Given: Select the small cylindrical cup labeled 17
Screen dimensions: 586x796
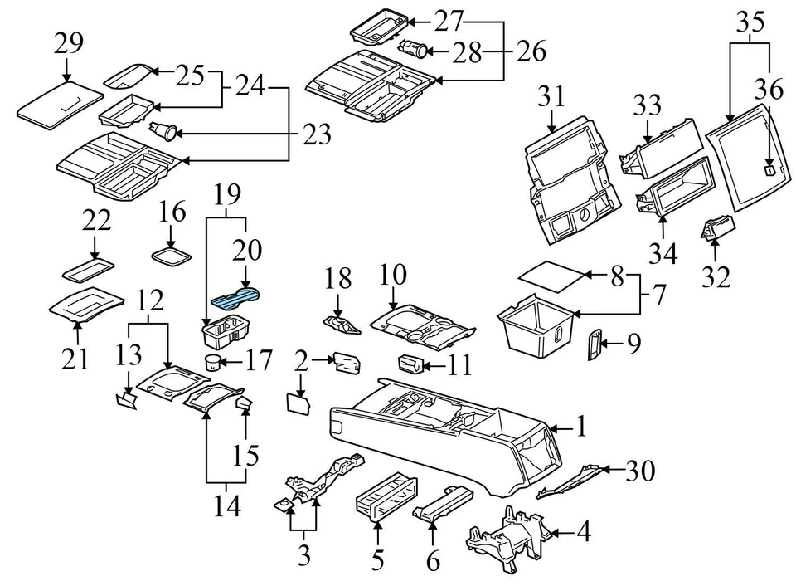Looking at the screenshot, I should coord(213,362).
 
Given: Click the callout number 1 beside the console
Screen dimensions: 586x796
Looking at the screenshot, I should coord(581,427).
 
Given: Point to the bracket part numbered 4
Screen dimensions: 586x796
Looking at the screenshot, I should coord(506,535).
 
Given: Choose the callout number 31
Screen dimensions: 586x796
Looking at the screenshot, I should coord(551,97).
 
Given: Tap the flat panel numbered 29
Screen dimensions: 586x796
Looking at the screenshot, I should coord(58,104).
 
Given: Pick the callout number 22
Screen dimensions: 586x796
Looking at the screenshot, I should coord(95,221).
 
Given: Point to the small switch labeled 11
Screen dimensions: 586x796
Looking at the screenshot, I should coord(410,363).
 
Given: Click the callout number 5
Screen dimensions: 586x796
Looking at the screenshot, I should coord(378,561).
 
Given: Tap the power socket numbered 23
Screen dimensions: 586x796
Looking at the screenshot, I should coord(164,130).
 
